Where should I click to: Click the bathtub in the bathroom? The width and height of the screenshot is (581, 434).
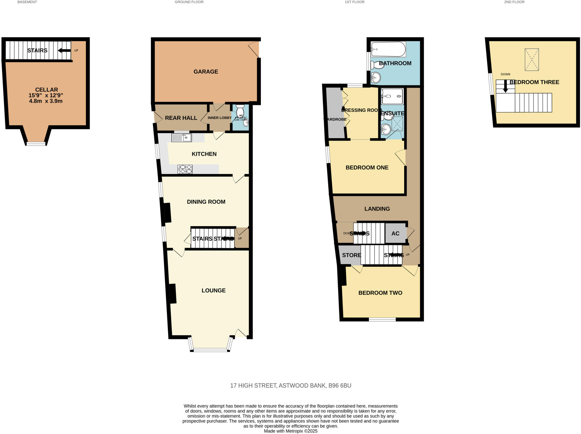coord(388,49)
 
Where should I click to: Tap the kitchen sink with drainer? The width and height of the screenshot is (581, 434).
coord(182,138)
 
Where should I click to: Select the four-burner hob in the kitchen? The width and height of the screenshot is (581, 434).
coord(185,169)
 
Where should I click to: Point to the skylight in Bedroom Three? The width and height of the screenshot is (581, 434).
coord(531,60)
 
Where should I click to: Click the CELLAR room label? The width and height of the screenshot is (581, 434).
coord(47,90)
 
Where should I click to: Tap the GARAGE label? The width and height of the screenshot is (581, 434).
coord(206,72)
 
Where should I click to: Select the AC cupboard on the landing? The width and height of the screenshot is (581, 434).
coord(395,233)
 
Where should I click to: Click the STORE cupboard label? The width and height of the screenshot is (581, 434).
coord(351,255)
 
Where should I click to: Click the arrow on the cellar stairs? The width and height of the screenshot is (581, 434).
coord(64,51)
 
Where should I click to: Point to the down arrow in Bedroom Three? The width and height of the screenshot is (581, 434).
coord(505,86)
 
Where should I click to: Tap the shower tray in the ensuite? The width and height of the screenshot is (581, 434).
coord(392,96)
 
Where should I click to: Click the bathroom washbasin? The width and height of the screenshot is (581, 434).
coord(376,77)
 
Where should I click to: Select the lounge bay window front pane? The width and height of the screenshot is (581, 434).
coord(210,350)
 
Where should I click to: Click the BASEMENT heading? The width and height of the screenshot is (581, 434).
coord(27,2)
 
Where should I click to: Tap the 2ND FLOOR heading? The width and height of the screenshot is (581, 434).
coord(514,2)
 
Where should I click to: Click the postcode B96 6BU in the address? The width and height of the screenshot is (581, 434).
coord(340,385)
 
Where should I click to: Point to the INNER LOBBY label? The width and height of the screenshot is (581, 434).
coord(220,118)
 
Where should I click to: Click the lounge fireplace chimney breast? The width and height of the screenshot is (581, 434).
coord(173,293)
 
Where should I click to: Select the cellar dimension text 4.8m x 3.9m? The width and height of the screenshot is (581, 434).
coord(46,101)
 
